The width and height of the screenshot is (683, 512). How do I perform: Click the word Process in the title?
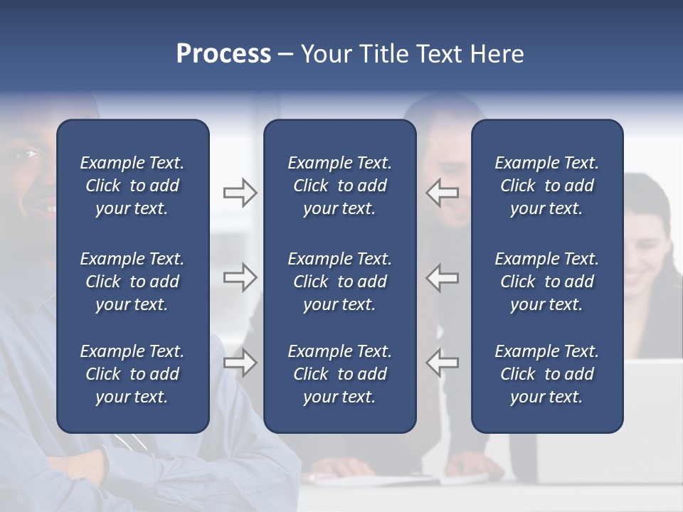(223, 54)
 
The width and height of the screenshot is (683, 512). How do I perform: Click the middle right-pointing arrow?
(240, 277)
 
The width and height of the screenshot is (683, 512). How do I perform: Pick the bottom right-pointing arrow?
(240, 363)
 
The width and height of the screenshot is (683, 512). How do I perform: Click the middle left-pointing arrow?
(443, 277)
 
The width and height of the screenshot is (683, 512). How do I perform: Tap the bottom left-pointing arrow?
(443, 363)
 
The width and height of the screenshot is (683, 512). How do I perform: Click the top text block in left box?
(132, 186)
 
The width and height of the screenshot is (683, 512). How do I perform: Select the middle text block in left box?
(132, 282)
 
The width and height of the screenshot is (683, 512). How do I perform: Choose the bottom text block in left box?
(132, 374)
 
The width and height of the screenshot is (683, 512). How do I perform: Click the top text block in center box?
(339, 186)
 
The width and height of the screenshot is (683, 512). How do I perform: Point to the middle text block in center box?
(339, 282)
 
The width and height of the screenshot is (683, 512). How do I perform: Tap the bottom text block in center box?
(339, 374)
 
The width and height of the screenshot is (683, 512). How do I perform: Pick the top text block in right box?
(546, 186)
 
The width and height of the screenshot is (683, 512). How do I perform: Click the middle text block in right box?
(546, 282)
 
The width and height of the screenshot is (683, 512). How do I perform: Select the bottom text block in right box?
(546, 374)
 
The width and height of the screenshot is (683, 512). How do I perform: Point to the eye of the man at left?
(29, 153)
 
